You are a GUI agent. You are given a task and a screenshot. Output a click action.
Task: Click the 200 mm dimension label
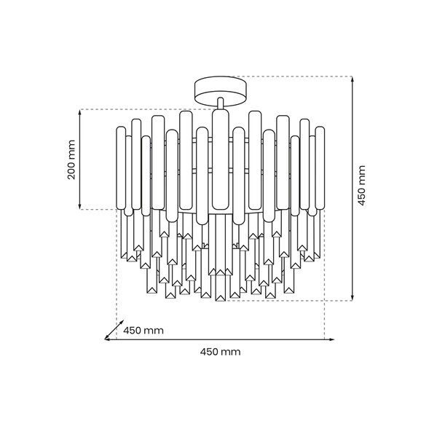[x=71, y=160]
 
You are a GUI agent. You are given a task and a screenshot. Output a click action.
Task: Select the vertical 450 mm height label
[x=362, y=187]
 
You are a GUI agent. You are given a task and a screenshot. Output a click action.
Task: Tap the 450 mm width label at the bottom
[x=220, y=351]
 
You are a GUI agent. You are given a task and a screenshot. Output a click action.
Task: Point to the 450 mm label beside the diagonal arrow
[x=143, y=330]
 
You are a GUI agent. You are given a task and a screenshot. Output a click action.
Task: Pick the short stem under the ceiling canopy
[x=220, y=104]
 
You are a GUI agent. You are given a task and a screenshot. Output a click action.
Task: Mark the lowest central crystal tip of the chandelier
[x=220, y=300]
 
